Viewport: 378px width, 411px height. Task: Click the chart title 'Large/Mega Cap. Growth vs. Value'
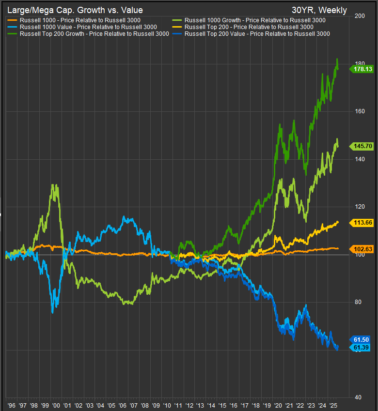(x=75, y=10)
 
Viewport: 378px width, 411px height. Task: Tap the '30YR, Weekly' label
(x=319, y=10)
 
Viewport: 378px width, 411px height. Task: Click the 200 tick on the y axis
(x=359, y=16)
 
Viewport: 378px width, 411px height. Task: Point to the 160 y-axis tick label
(x=359, y=111)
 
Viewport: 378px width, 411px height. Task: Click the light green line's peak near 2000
(x=54, y=185)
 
